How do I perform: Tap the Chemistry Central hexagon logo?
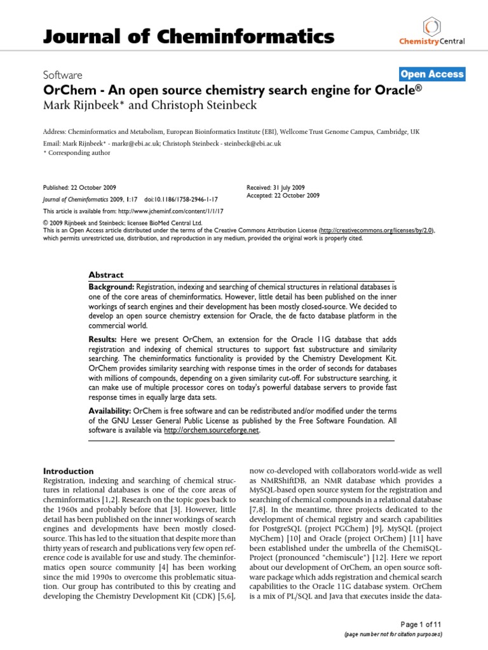pyautogui.click(x=432, y=25)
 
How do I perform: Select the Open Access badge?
pyautogui.click(x=432, y=74)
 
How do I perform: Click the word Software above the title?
pyautogui.click(x=62, y=75)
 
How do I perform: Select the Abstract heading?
pyautogui.click(x=106, y=275)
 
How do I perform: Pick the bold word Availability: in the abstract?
pyautogui.click(x=111, y=411)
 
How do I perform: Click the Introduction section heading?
pyautogui.click(x=68, y=471)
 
